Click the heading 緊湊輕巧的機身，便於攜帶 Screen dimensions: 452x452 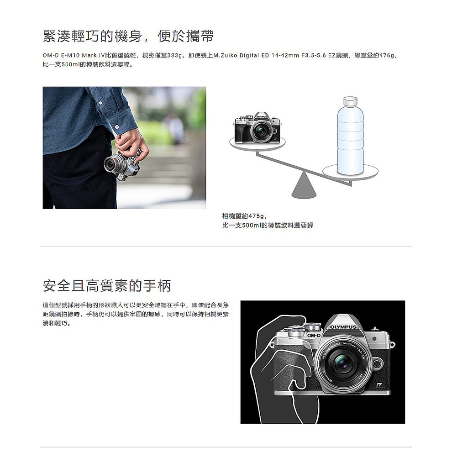tap(128, 36)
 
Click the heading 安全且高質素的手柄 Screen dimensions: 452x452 tap(107, 285)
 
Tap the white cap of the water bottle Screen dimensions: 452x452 tap(350, 101)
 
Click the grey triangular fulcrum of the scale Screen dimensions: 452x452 tap(304, 186)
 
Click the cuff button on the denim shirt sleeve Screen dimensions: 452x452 tap(117, 126)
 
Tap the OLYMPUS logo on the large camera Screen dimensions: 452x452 tap(343, 327)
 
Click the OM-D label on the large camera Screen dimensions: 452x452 tap(314, 336)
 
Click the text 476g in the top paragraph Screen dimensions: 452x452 tap(387, 55)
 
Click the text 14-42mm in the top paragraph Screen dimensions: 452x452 tap(285, 55)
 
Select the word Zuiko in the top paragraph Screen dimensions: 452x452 tap(230, 55)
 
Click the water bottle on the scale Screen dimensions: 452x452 tap(350, 136)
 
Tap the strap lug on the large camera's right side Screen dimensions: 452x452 tap(392, 344)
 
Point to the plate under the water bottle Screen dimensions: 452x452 tap(350, 172)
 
